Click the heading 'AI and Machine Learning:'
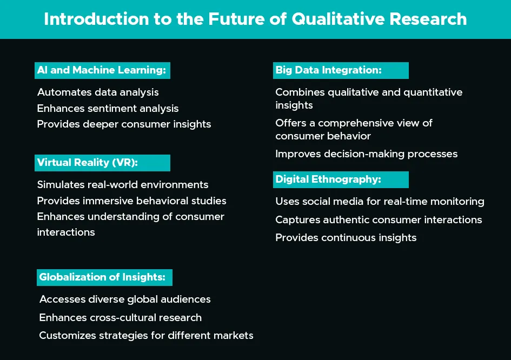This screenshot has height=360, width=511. pos(101,70)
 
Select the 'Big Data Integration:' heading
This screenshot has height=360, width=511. pos(329,70)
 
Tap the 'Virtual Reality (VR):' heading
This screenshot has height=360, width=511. pos(88,163)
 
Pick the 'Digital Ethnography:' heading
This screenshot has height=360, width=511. pos(328,179)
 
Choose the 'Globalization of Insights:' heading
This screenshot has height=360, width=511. pos(102,277)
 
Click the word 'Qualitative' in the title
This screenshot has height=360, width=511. pos(337,19)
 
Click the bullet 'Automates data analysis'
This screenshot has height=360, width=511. pos(98,92)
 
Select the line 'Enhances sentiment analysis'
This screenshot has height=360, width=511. pos(108,108)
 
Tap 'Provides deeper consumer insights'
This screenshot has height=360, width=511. pos(124,124)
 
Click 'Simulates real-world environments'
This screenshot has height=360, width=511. pos(123,185)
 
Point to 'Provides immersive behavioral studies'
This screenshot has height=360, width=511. pos(131,201)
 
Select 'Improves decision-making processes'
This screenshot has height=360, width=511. pos(366,154)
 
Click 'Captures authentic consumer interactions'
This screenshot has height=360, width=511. pos(379,220)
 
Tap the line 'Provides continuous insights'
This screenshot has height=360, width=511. pos(346,238)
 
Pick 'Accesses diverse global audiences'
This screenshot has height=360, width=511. pos(125,299)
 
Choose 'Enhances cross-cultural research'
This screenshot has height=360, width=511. pos(120,318)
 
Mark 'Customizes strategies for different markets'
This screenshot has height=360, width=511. pos(146,336)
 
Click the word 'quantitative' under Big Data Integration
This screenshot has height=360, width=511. pos(433,92)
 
